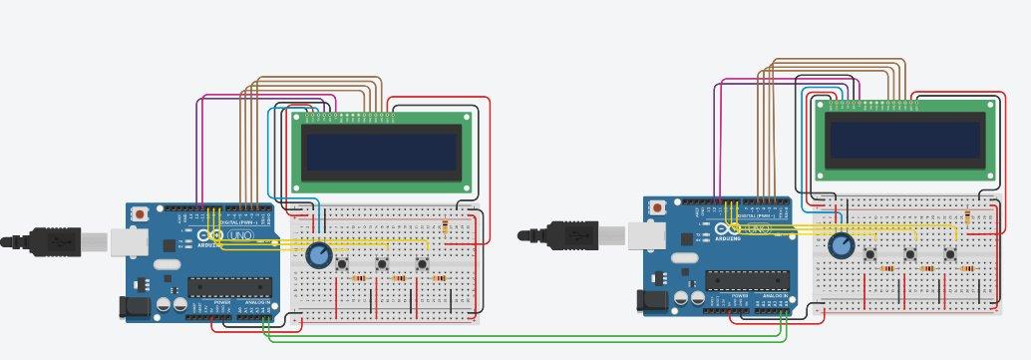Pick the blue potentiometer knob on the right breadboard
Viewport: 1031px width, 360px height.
842,244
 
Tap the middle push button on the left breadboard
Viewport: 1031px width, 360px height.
383,263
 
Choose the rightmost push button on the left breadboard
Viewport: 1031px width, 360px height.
422,263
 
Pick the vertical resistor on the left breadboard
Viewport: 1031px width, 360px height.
445,228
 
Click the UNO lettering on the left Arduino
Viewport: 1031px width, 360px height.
241,235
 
